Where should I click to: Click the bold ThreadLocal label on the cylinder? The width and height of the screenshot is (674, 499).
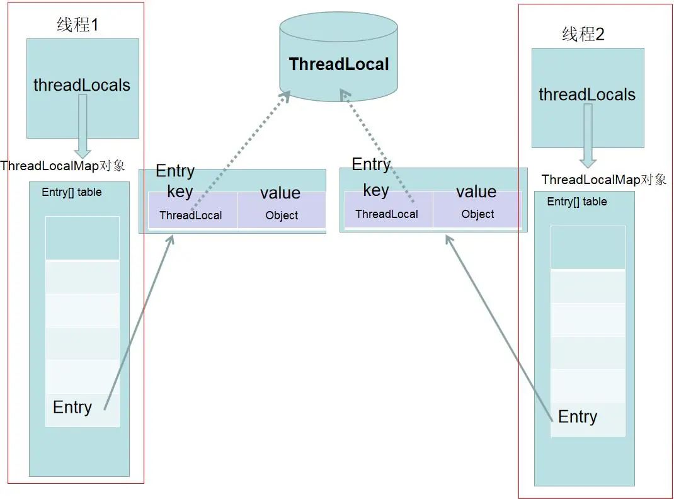[339, 64]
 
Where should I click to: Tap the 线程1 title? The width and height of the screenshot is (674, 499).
[78, 25]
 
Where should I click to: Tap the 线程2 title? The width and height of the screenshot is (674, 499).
[583, 34]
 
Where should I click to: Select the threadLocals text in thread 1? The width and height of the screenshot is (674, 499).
[82, 84]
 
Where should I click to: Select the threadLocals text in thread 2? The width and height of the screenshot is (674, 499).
[587, 94]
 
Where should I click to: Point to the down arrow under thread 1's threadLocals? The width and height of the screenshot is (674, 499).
[83, 126]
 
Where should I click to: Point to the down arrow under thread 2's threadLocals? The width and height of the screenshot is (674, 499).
[588, 135]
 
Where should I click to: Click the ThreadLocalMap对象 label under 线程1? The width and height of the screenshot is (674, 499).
[63, 166]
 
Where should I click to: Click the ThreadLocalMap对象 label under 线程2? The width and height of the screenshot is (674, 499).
[604, 179]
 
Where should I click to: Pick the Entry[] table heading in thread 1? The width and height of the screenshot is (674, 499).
[72, 192]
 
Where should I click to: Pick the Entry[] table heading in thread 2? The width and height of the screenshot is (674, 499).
[577, 202]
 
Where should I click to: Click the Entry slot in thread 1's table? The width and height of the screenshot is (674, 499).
[83, 410]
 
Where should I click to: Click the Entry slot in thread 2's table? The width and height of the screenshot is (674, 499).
[588, 420]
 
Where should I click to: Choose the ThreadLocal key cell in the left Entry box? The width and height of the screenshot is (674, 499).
[193, 210]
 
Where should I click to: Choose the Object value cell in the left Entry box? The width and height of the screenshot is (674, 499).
[282, 210]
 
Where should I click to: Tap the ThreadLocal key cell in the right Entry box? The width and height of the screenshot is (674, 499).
[389, 209]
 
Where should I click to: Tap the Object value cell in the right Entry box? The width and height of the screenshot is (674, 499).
[477, 209]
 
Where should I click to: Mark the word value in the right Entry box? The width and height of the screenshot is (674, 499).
[476, 192]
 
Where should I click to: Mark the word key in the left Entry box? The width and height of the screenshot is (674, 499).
[180, 192]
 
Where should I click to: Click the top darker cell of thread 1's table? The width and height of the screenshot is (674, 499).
[83, 238]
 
